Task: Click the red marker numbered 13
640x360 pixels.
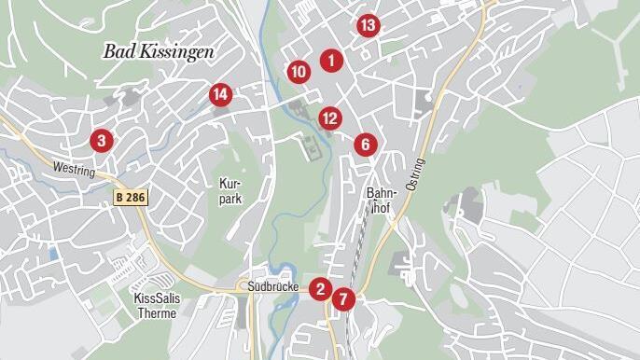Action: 368,25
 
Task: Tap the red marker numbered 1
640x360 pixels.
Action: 330,61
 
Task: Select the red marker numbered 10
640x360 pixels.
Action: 298,71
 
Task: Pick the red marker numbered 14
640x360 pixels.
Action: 220,94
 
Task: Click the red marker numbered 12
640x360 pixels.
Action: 329,118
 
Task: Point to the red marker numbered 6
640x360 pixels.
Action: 365,145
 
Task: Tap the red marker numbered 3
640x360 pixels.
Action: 101,141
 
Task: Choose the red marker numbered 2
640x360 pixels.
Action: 321,288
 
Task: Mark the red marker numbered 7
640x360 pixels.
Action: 343,299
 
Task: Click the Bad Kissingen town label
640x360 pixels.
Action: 159,51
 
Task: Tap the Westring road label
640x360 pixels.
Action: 76,170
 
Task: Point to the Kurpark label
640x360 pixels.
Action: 231,191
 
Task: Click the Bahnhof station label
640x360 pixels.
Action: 383,201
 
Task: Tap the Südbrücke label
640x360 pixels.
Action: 273,286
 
